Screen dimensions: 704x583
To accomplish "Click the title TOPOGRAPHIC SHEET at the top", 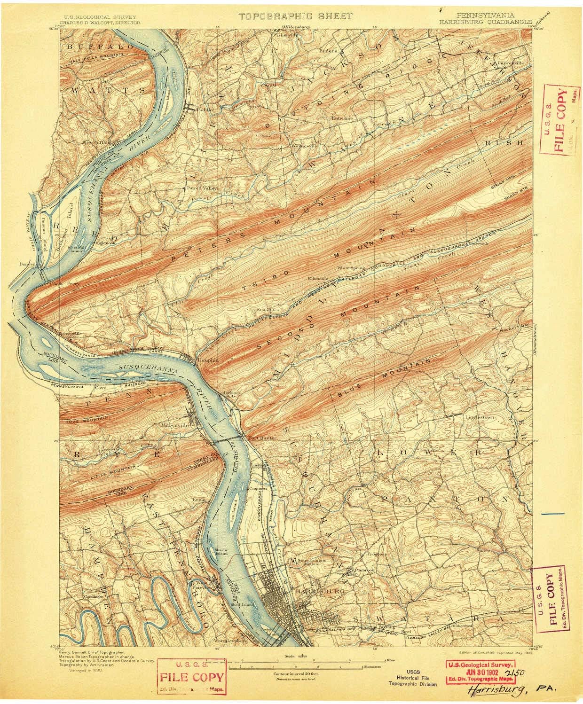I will [x=295, y=16].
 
